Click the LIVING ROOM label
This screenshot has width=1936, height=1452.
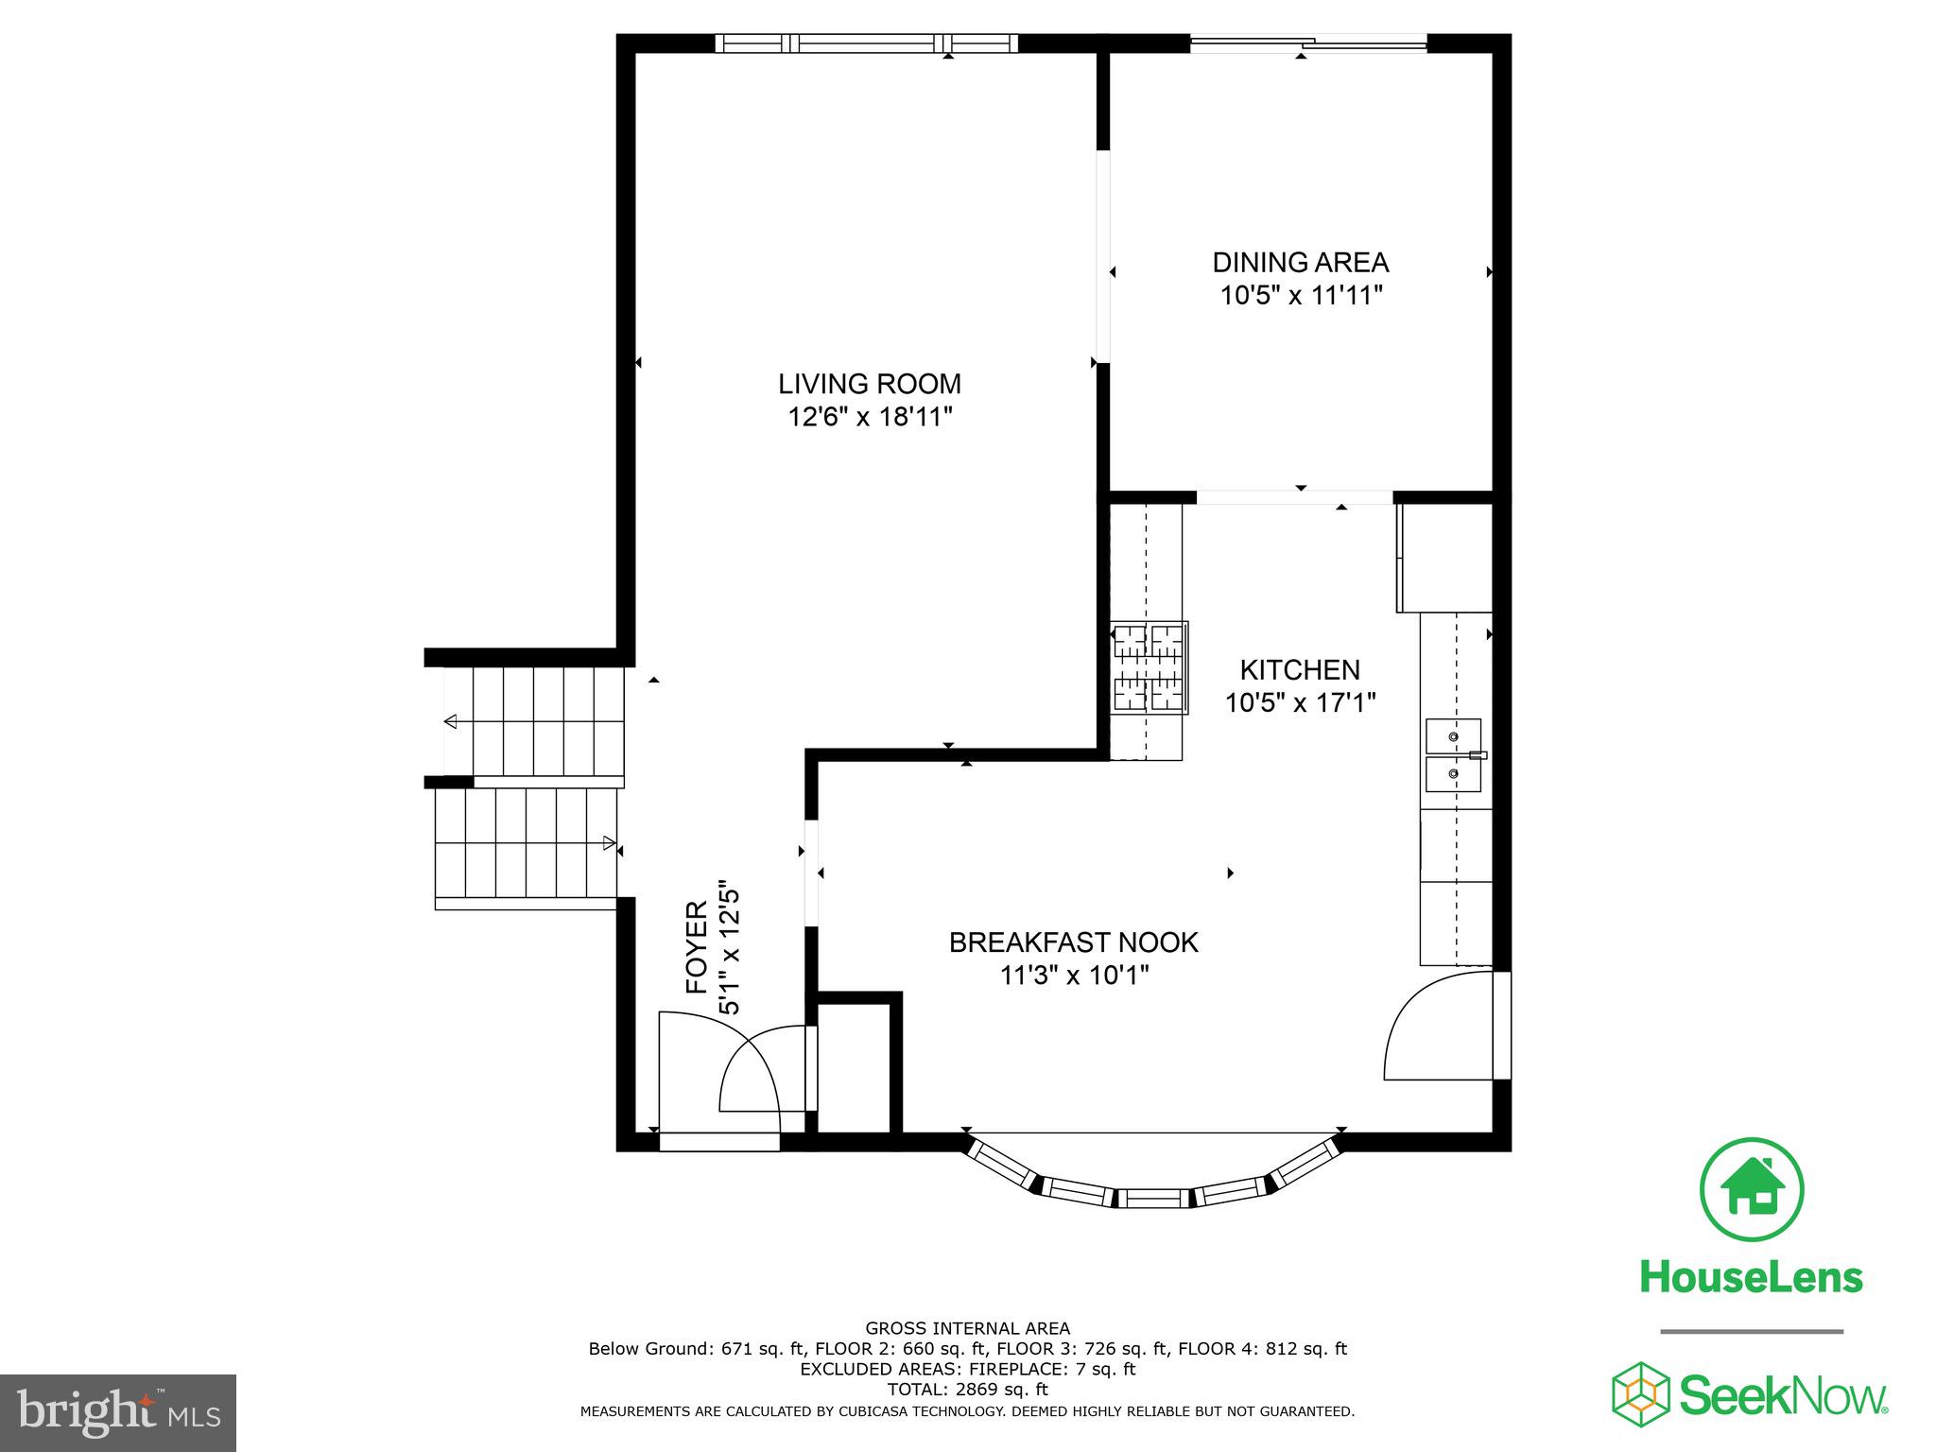pos(869,384)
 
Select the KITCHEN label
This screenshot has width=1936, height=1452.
pos(1300,670)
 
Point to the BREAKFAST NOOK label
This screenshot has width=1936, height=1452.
pos(1073,942)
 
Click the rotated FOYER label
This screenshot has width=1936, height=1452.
pos(697,947)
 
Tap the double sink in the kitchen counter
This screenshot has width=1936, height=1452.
pos(1453,754)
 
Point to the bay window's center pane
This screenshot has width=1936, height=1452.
pos(1154,1199)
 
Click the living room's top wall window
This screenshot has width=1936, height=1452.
pos(866,43)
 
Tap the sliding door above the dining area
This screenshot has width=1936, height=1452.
pos(1307,43)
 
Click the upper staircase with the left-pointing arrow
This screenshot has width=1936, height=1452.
pos(534,722)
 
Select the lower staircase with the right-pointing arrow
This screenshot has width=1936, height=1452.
pos(526,842)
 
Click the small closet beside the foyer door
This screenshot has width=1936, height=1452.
pos(854,1068)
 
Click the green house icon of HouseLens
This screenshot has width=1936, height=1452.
pos(1752,1190)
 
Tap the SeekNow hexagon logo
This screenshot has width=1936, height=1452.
pos(1641,1393)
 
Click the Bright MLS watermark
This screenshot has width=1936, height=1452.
pos(118,1411)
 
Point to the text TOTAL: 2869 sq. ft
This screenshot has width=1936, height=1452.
pos(967,1390)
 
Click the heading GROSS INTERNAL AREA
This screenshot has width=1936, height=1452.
pos(967,1328)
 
